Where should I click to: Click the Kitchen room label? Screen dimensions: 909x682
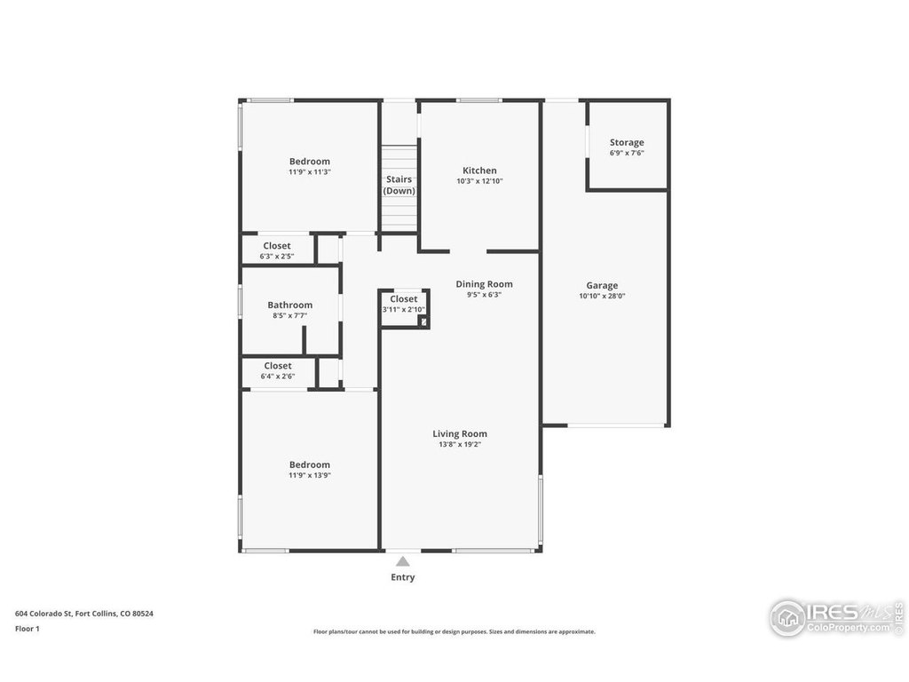point(479,170)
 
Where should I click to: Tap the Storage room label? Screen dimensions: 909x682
point(627,143)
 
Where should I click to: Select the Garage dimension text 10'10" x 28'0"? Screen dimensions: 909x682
point(602,296)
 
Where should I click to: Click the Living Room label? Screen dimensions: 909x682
point(460,433)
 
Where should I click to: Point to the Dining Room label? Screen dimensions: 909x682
point(484,284)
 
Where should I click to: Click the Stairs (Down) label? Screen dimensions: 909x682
point(399,185)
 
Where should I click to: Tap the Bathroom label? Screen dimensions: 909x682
point(290,305)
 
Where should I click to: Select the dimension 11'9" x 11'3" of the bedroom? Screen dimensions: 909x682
point(310,172)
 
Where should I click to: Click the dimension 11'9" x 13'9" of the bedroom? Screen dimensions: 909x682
point(310,476)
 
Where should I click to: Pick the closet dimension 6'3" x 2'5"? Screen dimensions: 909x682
point(277,257)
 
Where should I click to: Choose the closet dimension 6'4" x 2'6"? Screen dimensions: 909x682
point(278,377)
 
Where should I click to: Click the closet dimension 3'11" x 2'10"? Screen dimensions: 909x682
point(404,310)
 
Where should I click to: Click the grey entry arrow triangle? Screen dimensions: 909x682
point(403,561)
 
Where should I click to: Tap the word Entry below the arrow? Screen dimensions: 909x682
point(403,577)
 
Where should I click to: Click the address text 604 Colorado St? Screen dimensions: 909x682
point(43,614)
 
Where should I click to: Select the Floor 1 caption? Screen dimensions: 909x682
point(28,629)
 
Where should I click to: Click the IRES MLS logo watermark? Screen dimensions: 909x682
point(836,618)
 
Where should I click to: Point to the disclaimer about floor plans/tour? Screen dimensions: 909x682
point(454,631)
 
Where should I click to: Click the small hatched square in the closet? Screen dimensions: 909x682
point(423,321)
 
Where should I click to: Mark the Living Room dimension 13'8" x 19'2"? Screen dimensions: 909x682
point(460,445)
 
